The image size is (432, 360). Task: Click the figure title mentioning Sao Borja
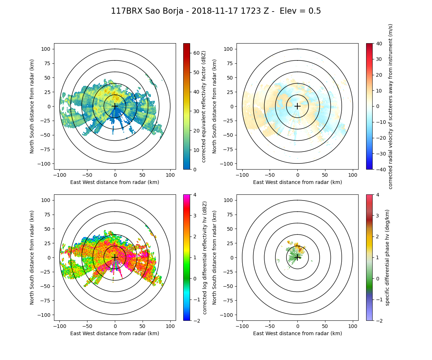(216, 11)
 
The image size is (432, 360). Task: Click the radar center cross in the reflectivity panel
(115, 106)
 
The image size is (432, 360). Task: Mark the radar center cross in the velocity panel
(297, 106)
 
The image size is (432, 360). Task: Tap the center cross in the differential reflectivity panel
(115, 257)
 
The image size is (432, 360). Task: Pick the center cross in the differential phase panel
(297, 257)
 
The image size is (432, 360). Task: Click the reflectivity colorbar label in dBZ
(204, 106)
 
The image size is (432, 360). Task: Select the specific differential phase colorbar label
(387, 257)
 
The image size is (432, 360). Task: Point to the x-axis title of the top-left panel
(115, 182)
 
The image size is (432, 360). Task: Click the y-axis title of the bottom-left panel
(32, 257)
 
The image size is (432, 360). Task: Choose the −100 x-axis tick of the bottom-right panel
(242, 326)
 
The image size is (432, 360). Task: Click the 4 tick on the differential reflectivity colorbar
(193, 194)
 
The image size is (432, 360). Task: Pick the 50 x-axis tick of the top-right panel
(325, 175)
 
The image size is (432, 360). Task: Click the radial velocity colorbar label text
(391, 106)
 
